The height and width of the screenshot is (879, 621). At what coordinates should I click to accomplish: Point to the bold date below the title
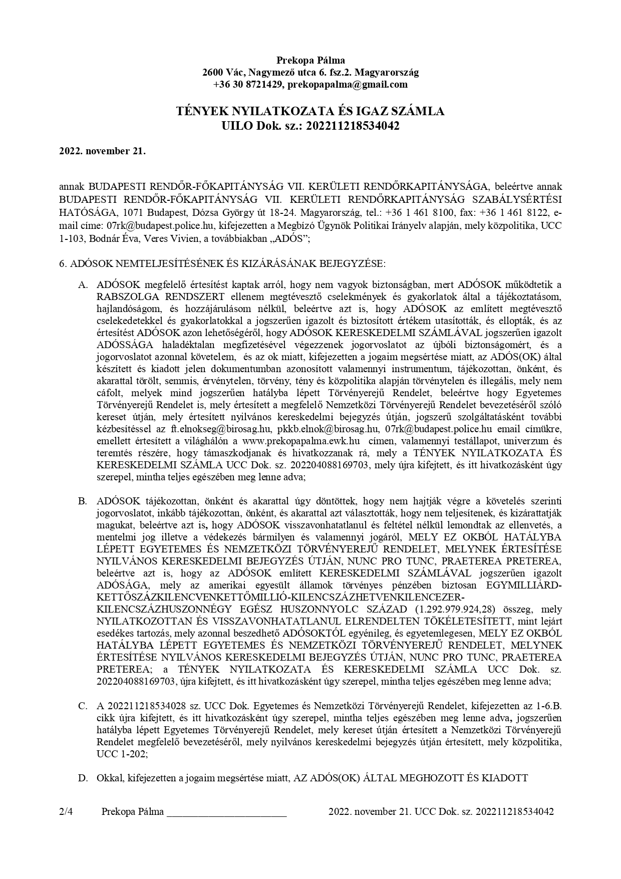pyautogui.click(x=102, y=151)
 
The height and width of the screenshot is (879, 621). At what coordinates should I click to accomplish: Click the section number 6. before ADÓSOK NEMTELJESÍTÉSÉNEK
pyautogui.click(x=63, y=263)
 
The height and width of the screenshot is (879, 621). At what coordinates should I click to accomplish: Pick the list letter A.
pyautogui.click(x=83, y=284)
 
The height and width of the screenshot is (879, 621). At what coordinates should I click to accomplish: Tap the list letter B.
pyautogui.click(x=83, y=500)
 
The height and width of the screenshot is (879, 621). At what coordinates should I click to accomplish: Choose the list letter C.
pyautogui.click(x=83, y=706)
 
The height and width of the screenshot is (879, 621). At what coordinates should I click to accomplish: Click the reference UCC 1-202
pyautogui.click(x=121, y=753)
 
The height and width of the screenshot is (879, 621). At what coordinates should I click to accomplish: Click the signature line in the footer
pyautogui.click(x=226, y=813)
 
